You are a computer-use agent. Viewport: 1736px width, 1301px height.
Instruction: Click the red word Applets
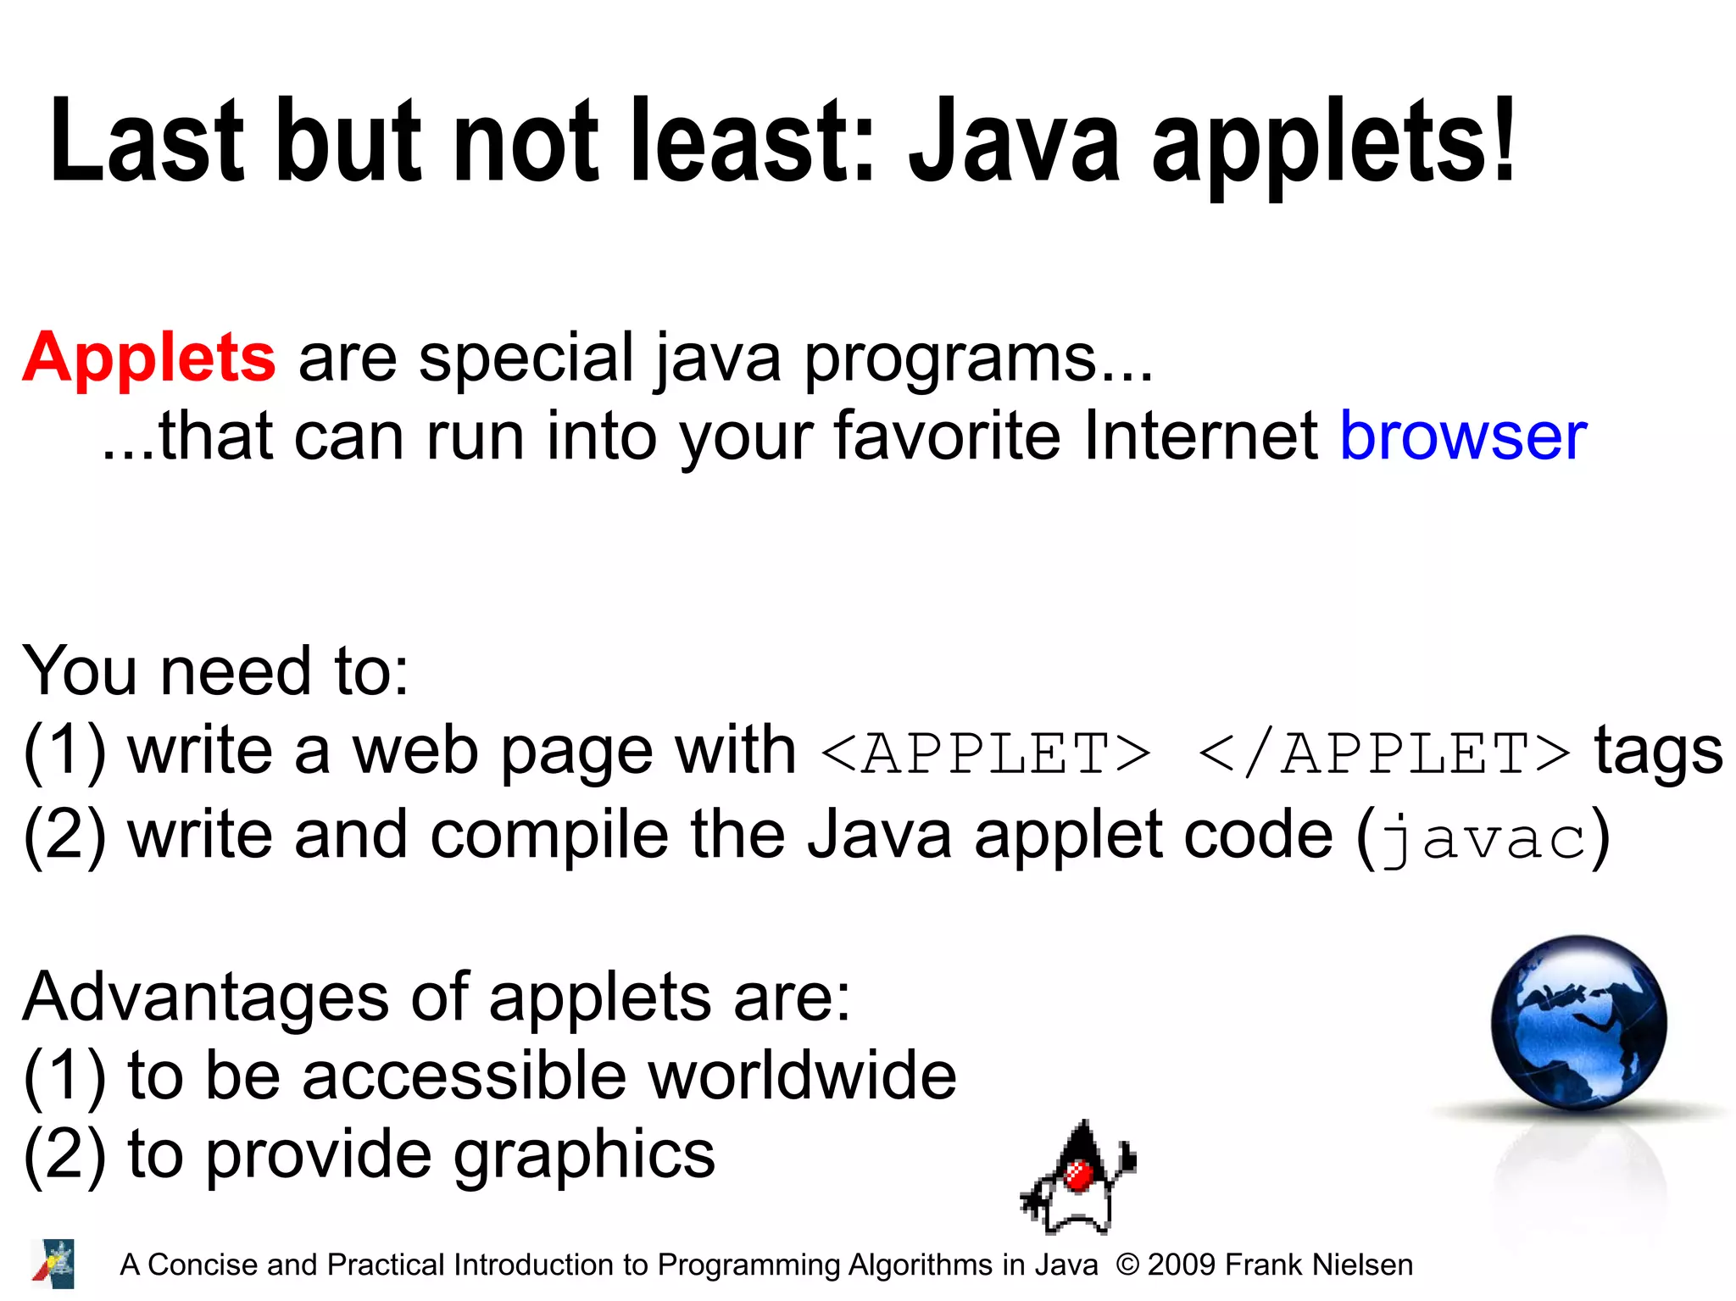pyautogui.click(x=149, y=359)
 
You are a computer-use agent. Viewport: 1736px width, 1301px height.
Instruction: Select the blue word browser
pyautogui.click(x=1463, y=436)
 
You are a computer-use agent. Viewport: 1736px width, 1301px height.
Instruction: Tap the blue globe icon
pyautogui.click(x=1578, y=1023)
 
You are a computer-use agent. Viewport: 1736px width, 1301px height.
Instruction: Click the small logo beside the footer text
pyautogui.click(x=53, y=1264)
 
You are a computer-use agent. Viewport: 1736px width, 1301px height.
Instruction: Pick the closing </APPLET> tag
pyautogui.click(x=1384, y=753)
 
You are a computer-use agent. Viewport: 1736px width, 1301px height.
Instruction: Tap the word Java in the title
pyautogui.click(x=1014, y=142)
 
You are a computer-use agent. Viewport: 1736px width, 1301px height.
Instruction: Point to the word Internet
pyautogui.click(x=1200, y=436)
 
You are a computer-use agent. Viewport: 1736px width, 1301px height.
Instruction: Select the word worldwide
pyautogui.click(x=802, y=1076)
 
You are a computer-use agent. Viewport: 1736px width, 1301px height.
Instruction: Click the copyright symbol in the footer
pyautogui.click(x=1127, y=1265)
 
